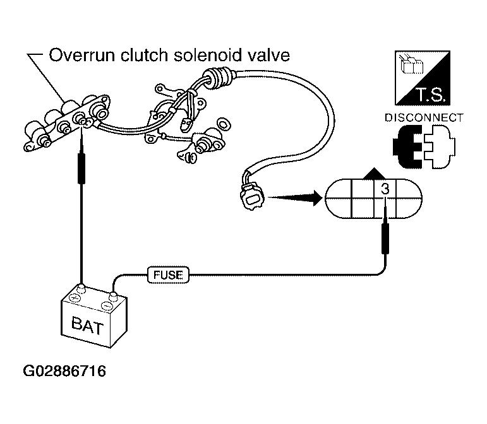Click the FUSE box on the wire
pos(168,275)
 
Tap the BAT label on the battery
pos(87,326)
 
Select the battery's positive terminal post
pos(81,288)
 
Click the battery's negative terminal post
pos(113,297)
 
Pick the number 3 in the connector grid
pos(385,189)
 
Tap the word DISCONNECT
pos(424,118)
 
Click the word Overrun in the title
pos(82,56)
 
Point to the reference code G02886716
pos(64,371)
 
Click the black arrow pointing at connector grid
pos(295,197)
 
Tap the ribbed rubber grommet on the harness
pos(218,76)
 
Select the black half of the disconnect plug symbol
pos(407,146)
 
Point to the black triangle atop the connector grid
pos(374,174)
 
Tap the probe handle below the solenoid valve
pos(81,168)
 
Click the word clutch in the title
pos(145,56)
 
